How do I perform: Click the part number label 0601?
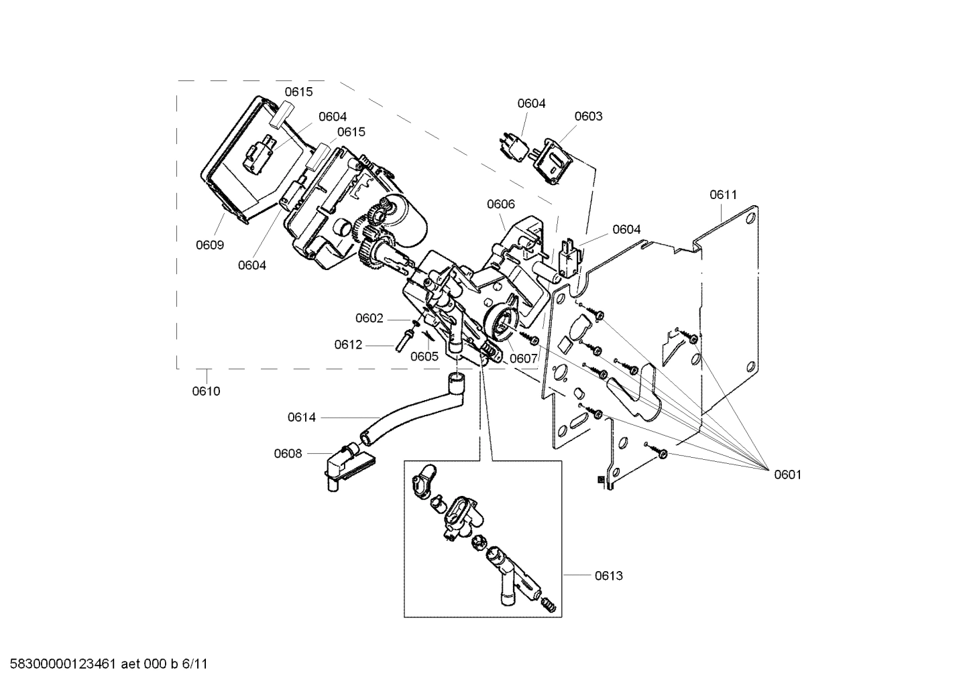click(x=787, y=475)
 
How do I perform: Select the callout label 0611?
click(x=723, y=195)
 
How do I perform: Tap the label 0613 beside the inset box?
click(x=608, y=576)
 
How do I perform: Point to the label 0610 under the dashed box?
click(x=206, y=391)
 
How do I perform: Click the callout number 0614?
click(x=302, y=418)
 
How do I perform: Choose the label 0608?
click(x=288, y=454)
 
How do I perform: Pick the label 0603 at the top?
click(x=588, y=116)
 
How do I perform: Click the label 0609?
click(x=210, y=245)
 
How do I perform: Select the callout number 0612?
click(x=348, y=345)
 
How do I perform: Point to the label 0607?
click(x=523, y=359)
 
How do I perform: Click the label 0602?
click(x=369, y=318)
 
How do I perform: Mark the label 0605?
click(x=424, y=357)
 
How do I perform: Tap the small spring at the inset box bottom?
click(x=549, y=605)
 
